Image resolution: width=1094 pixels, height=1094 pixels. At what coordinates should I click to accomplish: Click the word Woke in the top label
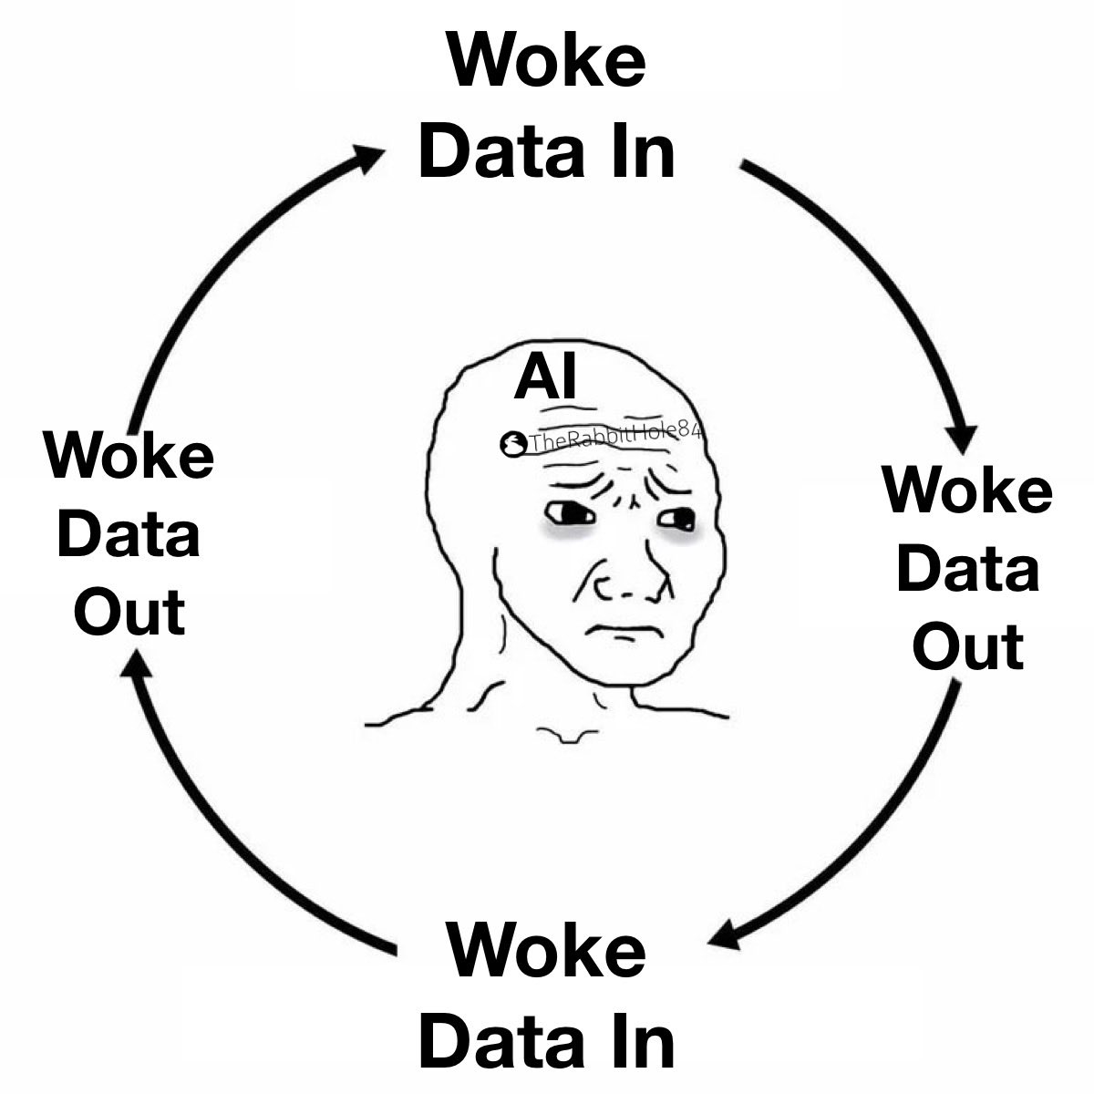(547, 59)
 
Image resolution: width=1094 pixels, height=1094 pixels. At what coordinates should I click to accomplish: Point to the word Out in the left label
(129, 613)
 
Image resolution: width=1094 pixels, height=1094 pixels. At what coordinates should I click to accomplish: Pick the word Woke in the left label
(129, 455)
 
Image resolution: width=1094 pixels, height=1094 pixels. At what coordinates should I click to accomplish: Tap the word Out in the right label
(968, 646)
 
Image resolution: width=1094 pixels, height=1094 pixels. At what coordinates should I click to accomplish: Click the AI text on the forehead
(545, 376)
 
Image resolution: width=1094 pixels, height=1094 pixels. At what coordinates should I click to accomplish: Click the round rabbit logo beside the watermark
(512, 444)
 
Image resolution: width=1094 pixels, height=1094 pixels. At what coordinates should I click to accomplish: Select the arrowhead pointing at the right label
(961, 439)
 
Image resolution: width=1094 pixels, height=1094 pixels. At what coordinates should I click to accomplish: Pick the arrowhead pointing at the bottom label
(726, 934)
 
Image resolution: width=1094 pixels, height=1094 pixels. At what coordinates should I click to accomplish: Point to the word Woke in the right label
(968, 490)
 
